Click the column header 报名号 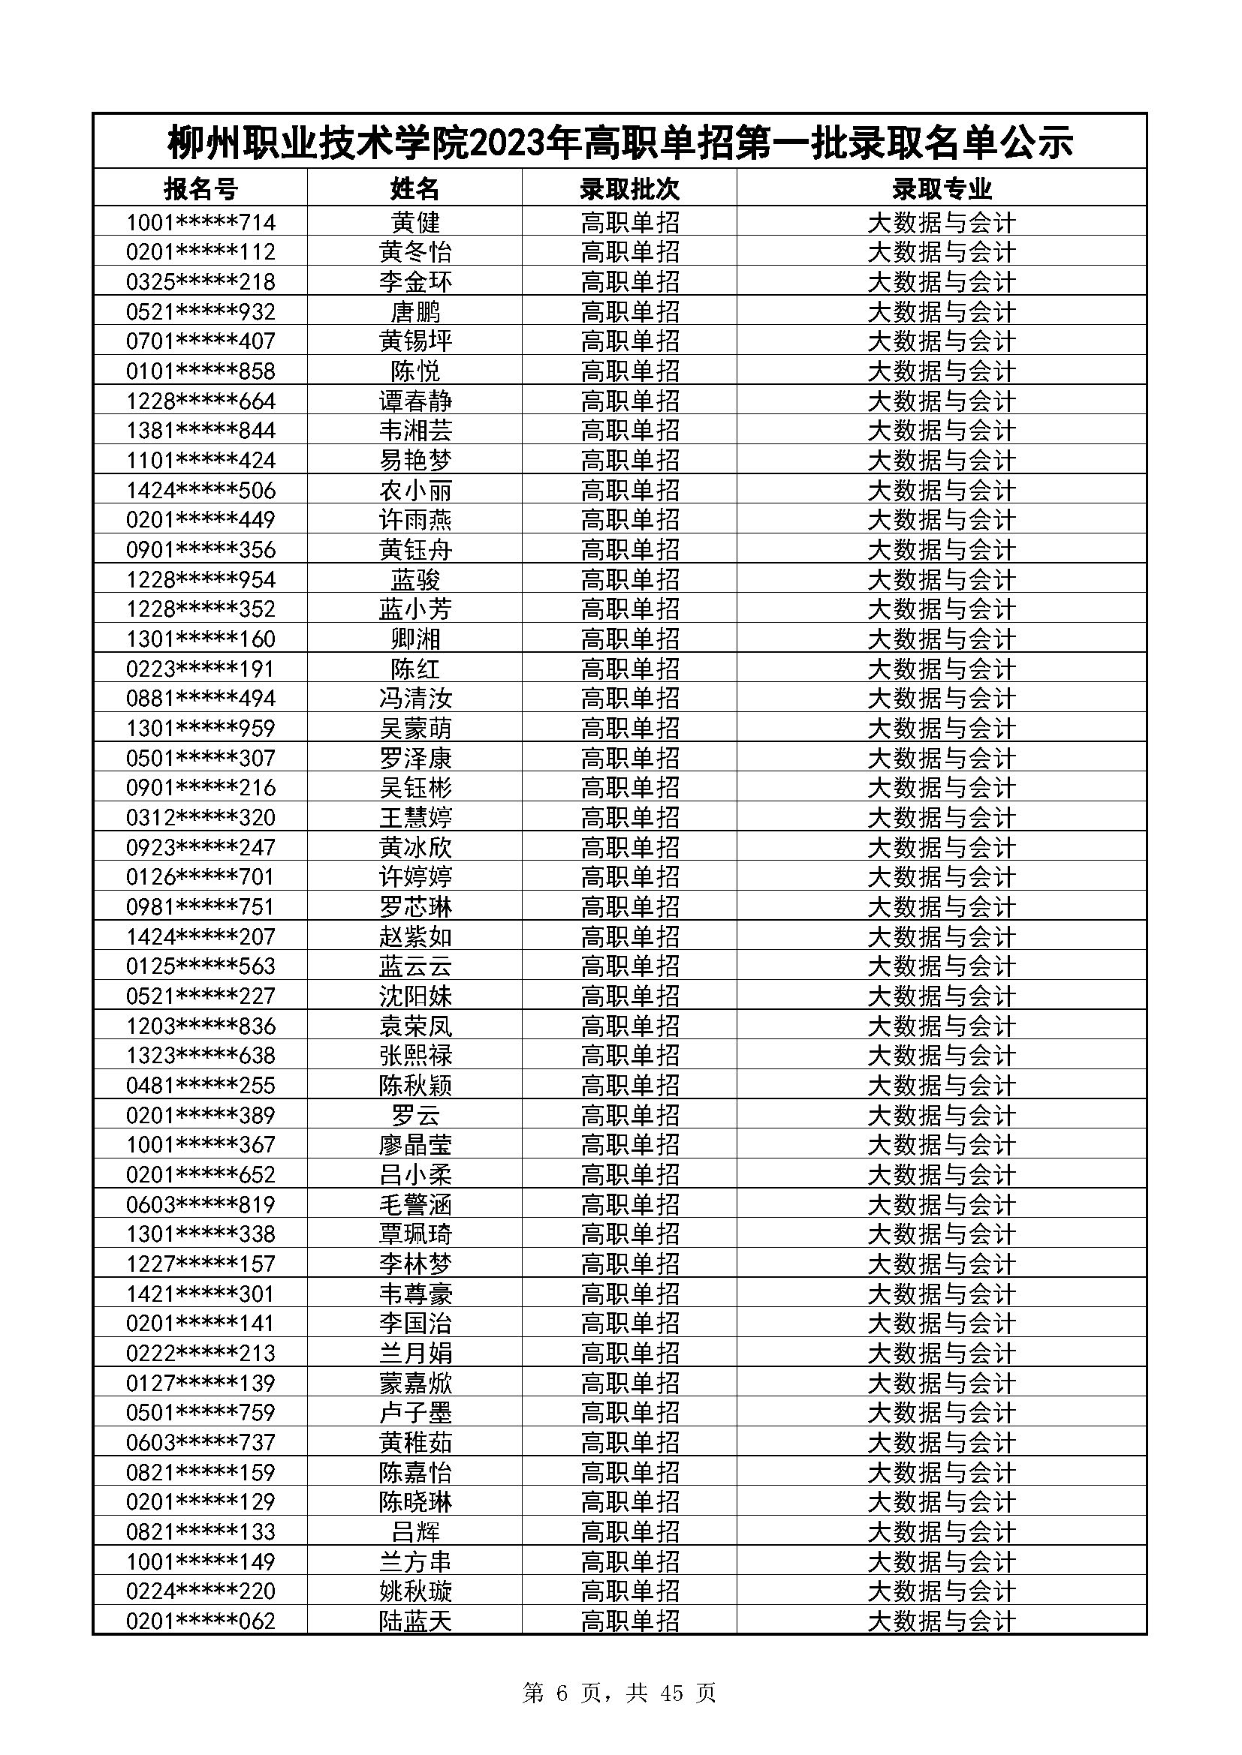coord(200,188)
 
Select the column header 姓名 coord(415,188)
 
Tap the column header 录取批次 coord(629,188)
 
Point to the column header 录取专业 coord(942,188)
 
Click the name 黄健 coord(415,222)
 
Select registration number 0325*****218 coord(200,282)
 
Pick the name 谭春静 coord(415,401)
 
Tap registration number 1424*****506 coord(200,490)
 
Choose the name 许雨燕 coord(415,520)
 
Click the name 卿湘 coord(415,639)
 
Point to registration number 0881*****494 coord(200,699)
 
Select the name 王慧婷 coord(415,818)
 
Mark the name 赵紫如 coord(415,936)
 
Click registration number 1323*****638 coord(200,1056)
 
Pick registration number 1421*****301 coord(200,1294)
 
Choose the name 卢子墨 coord(415,1413)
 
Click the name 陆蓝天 coord(415,1621)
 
